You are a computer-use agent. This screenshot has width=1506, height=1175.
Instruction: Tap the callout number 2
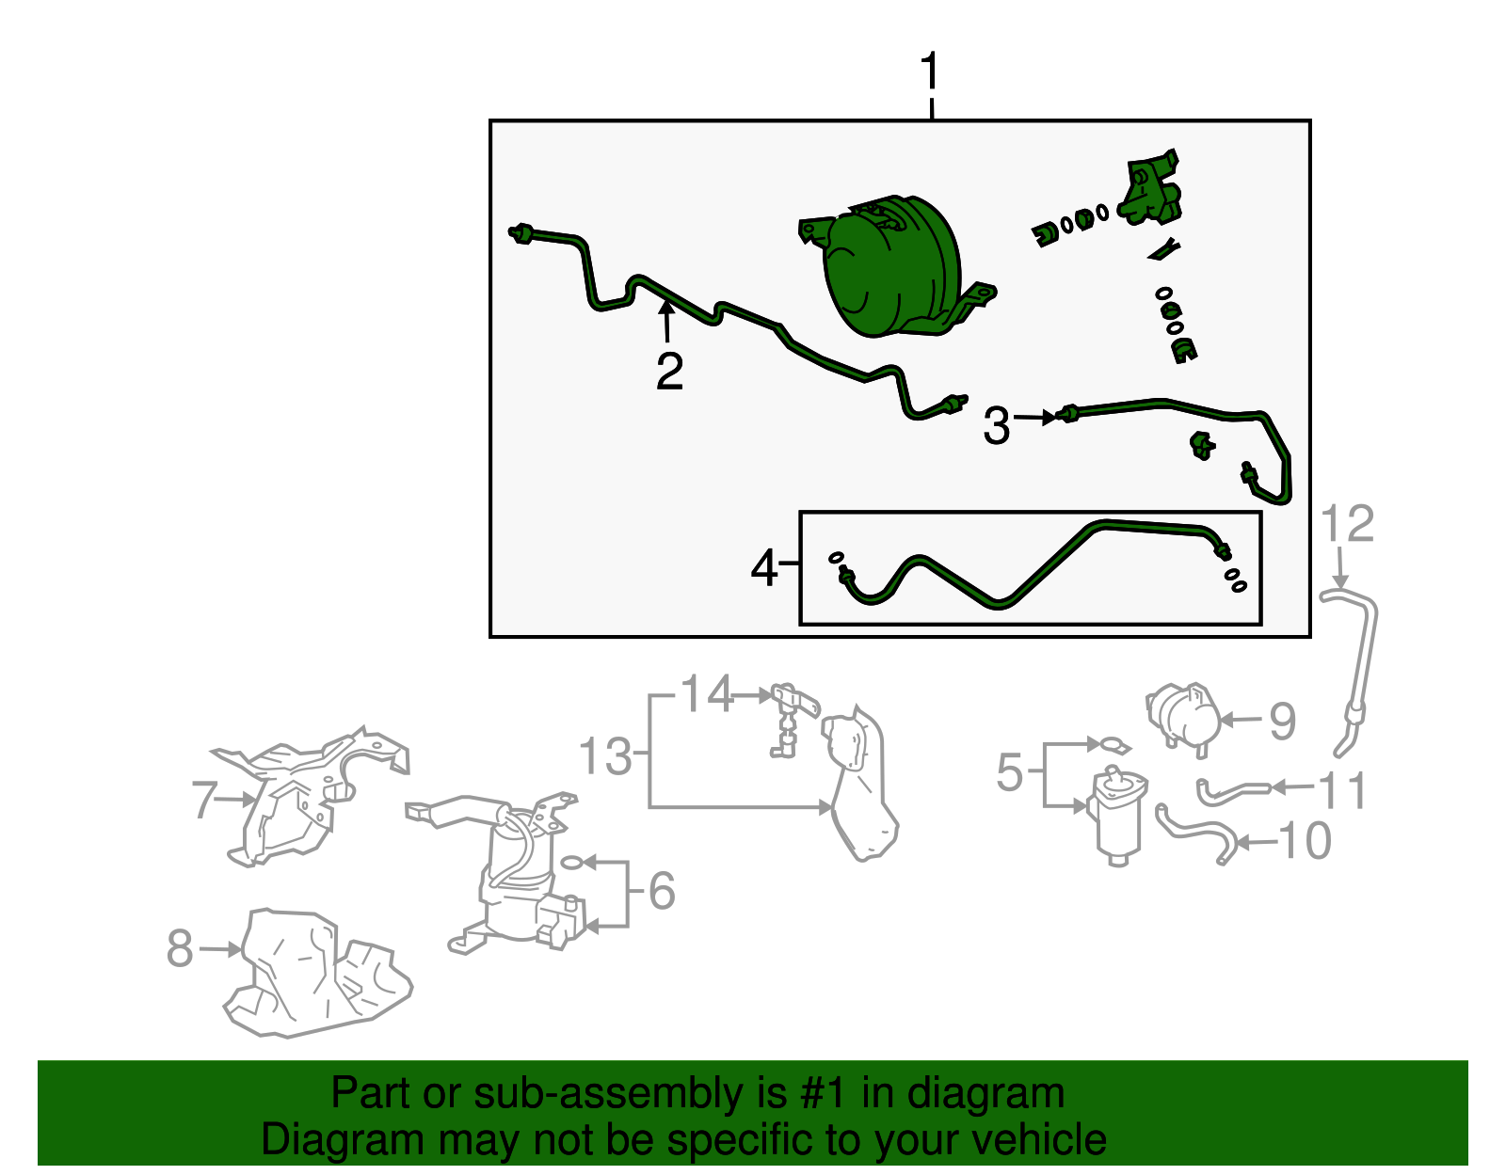point(669,371)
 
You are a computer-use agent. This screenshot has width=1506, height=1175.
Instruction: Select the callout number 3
point(997,425)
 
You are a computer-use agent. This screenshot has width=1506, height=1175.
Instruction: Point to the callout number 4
point(763,568)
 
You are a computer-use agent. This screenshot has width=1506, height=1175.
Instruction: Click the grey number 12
point(1347,523)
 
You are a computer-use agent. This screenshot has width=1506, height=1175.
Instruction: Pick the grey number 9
point(1282,721)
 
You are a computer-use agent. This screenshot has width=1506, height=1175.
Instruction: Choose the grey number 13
point(605,755)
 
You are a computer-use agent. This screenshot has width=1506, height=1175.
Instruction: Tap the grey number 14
point(706,692)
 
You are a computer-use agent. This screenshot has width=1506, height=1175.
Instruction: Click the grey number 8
point(180,948)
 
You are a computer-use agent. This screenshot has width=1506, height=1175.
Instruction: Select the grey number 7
point(204,799)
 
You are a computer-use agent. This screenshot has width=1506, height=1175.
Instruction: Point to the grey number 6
point(662,890)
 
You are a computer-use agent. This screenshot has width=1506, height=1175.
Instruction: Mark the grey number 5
point(1009,771)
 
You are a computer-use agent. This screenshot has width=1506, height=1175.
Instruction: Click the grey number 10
point(1305,841)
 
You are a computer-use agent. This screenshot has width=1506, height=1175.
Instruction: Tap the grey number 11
point(1341,790)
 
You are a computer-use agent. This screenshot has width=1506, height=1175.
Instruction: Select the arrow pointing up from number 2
point(666,322)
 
